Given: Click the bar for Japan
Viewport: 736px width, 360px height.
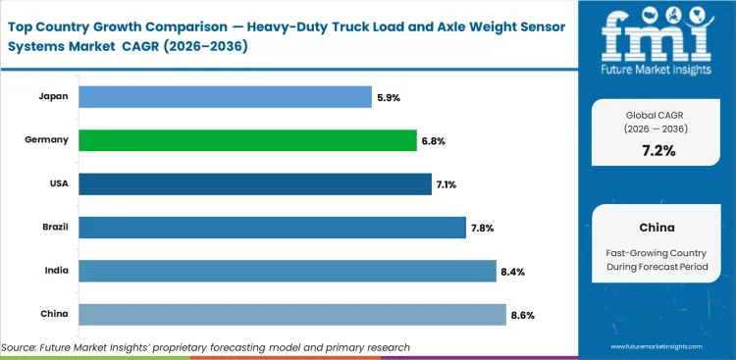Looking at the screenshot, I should tap(225, 96).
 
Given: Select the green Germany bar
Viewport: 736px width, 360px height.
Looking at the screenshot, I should tap(247, 140).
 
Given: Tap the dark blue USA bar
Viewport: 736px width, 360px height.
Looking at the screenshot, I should tap(254, 183).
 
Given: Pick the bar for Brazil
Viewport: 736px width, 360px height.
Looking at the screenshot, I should tap(272, 228).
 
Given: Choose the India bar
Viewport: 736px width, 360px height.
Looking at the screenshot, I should tap(287, 271).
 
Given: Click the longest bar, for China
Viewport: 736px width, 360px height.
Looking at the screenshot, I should tap(291, 314).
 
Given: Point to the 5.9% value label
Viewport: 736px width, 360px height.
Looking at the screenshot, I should tap(388, 96).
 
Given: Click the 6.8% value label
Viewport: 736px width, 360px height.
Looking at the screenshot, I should tap(433, 140).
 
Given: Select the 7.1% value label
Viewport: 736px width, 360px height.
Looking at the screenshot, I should tap(447, 183).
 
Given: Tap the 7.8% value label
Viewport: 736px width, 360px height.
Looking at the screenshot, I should tap(482, 228).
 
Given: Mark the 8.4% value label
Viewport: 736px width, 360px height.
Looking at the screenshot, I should tap(511, 271).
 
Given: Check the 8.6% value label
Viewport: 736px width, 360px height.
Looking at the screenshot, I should tap(521, 314).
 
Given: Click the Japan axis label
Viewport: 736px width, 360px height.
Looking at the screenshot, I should tap(53, 96).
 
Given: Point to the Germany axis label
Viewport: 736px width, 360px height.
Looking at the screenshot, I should tap(47, 140).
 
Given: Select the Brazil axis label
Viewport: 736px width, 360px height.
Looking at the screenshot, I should tap(53, 228).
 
